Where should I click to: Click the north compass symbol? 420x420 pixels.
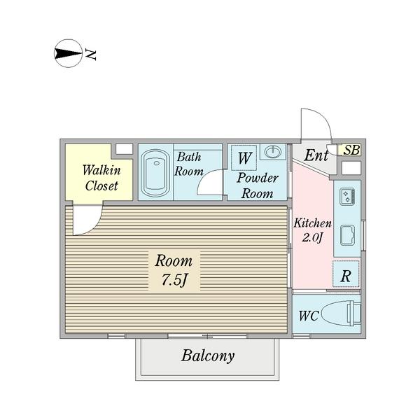68,53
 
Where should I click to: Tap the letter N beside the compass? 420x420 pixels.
90,55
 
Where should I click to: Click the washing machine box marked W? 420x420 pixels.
244,157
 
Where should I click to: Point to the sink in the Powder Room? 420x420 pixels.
273,152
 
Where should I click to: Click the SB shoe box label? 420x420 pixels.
351,150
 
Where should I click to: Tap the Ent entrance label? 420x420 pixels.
316,155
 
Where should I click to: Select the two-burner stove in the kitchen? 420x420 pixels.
347,197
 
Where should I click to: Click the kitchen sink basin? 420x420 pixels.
347,235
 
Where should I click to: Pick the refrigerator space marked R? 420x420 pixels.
346,274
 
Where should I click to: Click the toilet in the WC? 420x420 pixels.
341,313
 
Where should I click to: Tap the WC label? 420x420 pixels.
309,316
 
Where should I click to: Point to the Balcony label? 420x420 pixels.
208,356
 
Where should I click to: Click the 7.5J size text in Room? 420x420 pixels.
174,280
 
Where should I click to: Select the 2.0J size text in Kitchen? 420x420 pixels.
312,237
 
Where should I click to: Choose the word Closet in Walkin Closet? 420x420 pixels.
101,185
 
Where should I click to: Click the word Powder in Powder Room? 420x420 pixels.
258,178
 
